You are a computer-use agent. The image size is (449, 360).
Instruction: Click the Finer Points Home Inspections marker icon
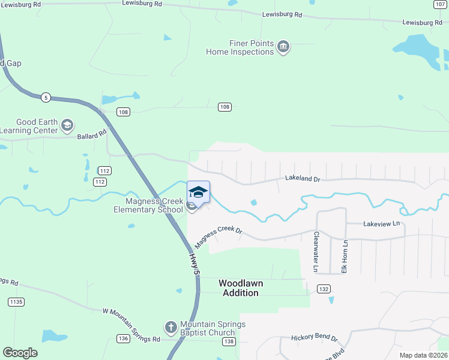(284, 47)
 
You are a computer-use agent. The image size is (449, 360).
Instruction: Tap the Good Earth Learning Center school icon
(67, 125)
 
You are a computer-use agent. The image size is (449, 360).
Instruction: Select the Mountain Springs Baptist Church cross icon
(170, 328)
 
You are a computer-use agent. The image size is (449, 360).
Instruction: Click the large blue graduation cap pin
(199, 193)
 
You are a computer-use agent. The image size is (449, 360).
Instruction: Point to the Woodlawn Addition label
(241, 287)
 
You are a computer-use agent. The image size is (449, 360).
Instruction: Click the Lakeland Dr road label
(303, 178)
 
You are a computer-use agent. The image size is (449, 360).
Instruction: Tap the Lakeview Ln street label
(381, 223)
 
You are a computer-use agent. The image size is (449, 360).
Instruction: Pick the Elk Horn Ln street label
(345, 256)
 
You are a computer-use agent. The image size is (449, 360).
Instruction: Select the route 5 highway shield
(45, 97)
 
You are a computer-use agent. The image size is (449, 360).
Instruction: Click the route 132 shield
(324, 289)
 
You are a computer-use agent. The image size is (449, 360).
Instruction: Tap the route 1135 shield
(17, 302)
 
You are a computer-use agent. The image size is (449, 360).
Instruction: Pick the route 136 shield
(124, 339)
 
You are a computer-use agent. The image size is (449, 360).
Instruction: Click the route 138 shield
(229, 341)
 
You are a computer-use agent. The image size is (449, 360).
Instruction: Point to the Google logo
(20, 353)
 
